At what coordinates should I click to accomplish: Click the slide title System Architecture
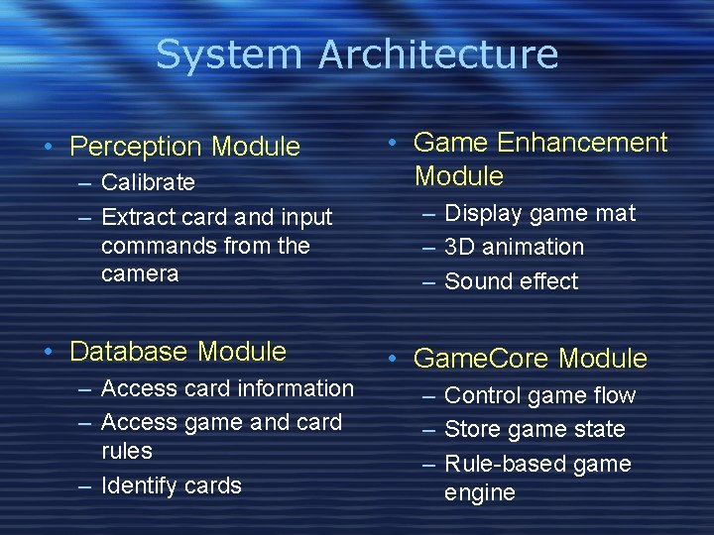357,54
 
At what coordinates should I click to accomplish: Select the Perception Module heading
184,147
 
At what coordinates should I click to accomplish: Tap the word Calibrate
148,182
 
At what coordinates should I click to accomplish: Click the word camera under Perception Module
140,273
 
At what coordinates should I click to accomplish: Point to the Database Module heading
178,352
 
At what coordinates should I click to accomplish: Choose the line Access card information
227,388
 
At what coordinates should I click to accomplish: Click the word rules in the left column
127,451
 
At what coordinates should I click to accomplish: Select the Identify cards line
171,485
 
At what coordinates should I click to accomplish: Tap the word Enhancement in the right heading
582,143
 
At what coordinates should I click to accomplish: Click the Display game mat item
539,213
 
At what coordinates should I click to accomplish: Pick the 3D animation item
514,247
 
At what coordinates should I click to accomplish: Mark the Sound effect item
511,281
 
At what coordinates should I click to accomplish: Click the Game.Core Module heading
530,359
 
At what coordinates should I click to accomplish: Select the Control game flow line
539,395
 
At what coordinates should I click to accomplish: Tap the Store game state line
535,429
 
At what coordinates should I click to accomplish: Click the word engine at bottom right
480,492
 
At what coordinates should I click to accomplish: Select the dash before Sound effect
428,282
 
